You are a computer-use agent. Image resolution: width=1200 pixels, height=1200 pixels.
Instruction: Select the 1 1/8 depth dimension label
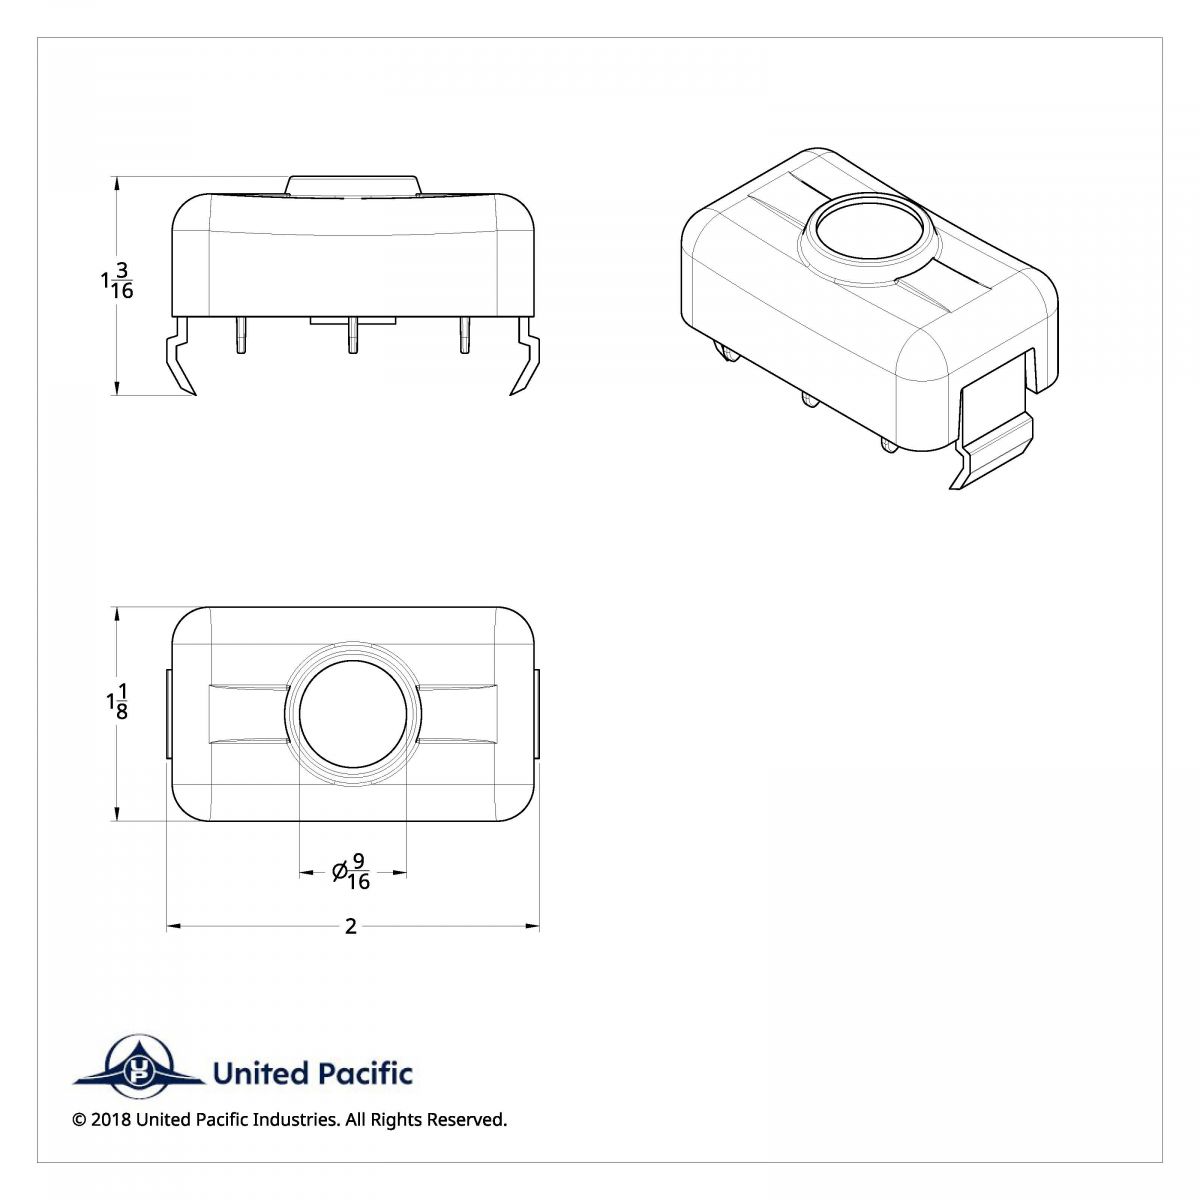point(117,702)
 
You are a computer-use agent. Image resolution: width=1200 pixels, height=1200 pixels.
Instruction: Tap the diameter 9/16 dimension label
point(352,872)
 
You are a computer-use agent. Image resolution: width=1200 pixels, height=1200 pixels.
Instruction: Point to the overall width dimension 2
point(351,927)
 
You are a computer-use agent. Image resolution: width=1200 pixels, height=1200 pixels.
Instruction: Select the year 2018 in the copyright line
point(110,1120)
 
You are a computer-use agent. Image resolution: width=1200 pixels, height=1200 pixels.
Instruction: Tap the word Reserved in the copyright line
point(465,1120)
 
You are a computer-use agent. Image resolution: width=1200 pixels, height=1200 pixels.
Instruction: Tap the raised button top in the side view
point(353,185)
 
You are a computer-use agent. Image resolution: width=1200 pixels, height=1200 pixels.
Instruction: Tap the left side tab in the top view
point(168,714)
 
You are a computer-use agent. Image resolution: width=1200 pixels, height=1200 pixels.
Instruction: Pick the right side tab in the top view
point(537,714)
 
